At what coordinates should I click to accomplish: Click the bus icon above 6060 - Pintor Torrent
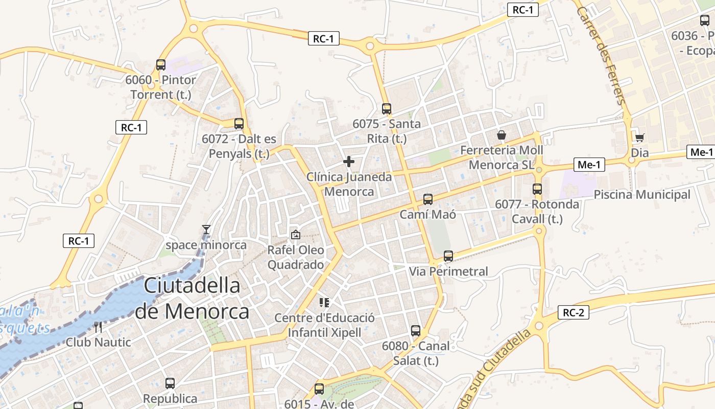point(161,65)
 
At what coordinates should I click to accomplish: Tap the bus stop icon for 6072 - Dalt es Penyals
point(239,124)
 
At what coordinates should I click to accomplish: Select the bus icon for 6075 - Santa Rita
point(387,109)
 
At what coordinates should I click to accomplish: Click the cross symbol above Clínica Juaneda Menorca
point(349,162)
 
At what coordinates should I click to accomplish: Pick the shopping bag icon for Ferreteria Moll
point(502,135)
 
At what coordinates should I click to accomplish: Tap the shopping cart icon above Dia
point(639,138)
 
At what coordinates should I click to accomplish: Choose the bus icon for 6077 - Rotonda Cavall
point(537,189)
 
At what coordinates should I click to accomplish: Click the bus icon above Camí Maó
point(428,199)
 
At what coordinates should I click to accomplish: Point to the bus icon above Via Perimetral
point(448,256)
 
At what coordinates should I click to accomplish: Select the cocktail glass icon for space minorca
point(206,230)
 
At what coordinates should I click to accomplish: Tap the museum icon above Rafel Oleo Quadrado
point(295,235)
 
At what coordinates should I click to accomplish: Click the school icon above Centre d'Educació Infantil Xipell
point(324,303)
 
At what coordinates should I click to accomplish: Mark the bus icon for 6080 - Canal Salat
point(416,331)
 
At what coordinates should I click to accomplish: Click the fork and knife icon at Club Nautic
point(98,327)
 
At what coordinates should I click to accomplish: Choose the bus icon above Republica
point(170,383)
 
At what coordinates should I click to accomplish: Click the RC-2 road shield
point(574,313)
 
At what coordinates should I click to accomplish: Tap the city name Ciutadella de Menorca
point(192,298)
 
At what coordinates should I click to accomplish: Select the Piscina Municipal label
point(642,195)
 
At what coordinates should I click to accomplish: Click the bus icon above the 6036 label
point(705,21)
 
